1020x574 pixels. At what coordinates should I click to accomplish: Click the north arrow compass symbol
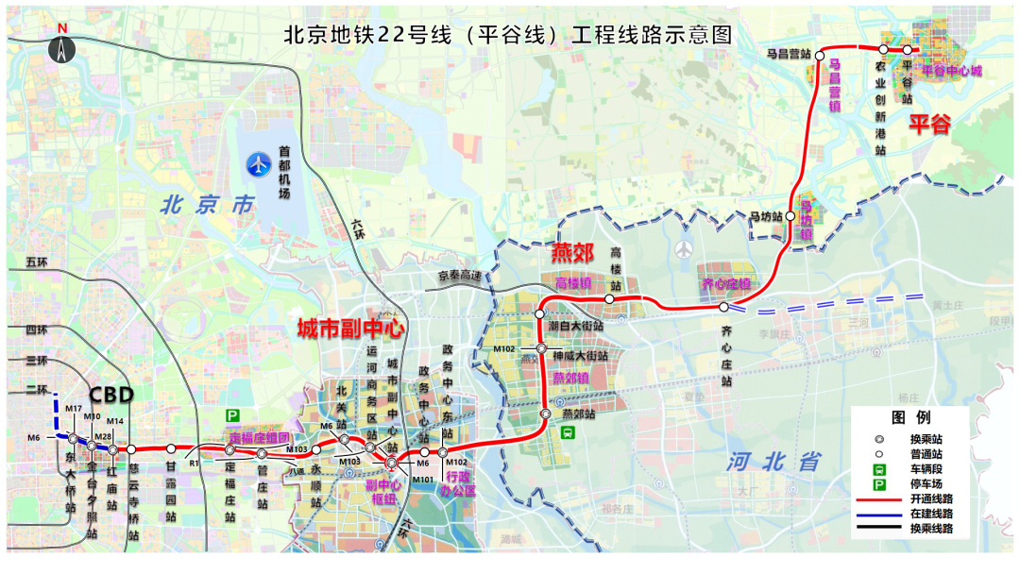tap(62, 47)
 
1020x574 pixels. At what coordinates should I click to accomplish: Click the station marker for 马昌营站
tap(818, 55)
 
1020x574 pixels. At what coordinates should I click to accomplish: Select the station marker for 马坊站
tap(790, 216)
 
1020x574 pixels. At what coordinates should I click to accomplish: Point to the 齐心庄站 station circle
tap(723, 307)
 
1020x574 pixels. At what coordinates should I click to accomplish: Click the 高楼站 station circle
tap(609, 298)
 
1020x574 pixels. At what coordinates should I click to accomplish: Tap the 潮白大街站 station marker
tap(541, 313)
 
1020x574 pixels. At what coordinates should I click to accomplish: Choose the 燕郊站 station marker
tap(545, 414)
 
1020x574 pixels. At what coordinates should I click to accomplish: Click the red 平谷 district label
tap(929, 126)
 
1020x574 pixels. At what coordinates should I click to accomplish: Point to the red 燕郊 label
tap(573, 253)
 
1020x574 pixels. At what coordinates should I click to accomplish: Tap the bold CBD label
tap(111, 394)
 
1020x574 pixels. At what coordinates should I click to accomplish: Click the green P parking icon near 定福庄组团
tap(232, 415)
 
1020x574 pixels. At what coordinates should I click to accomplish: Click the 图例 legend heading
tap(911, 417)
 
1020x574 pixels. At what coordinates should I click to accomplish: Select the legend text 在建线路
tap(931, 514)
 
